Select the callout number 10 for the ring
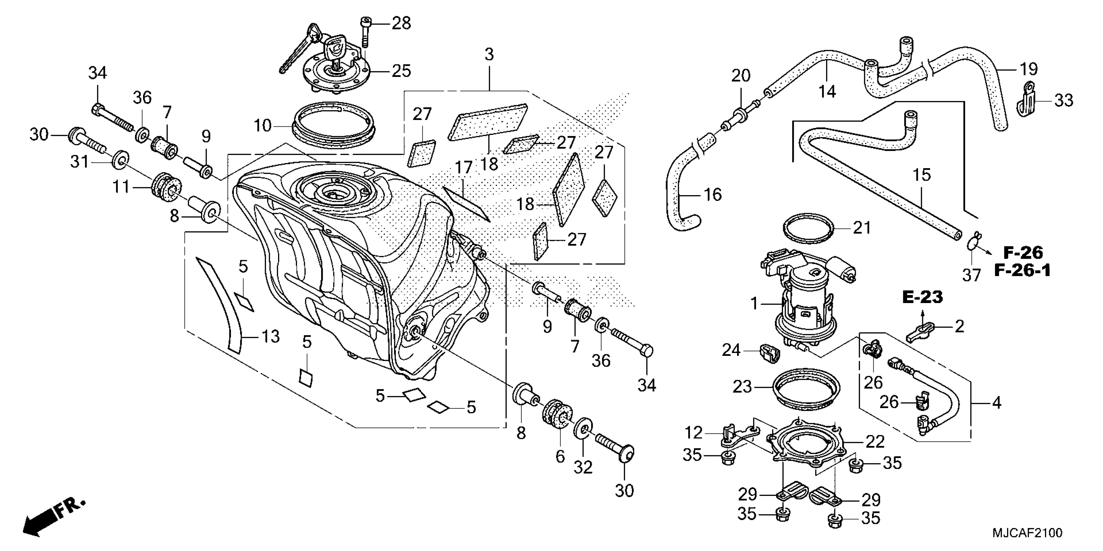(262, 126)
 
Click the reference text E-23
(922, 297)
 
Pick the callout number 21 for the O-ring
(862, 228)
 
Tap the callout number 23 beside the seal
(742, 387)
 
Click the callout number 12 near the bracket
(694, 433)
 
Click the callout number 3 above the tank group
(489, 54)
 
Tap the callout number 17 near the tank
(463, 168)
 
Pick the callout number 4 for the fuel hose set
(996, 403)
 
